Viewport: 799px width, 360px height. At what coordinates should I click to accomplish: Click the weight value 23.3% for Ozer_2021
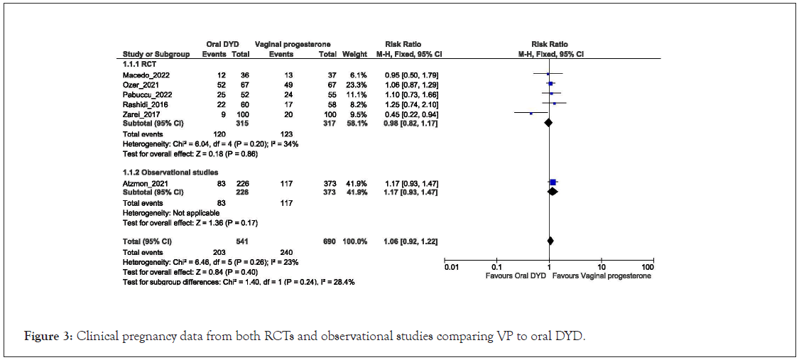coord(357,84)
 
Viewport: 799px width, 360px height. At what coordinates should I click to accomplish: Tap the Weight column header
coord(355,54)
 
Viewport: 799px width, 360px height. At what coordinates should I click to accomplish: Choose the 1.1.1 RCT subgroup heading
coord(139,64)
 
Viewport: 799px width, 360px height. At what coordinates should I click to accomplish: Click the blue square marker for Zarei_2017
coord(531,114)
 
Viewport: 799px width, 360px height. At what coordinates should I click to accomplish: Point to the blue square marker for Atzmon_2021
coord(553,183)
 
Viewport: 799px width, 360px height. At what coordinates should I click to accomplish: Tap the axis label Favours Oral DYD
coord(516,276)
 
